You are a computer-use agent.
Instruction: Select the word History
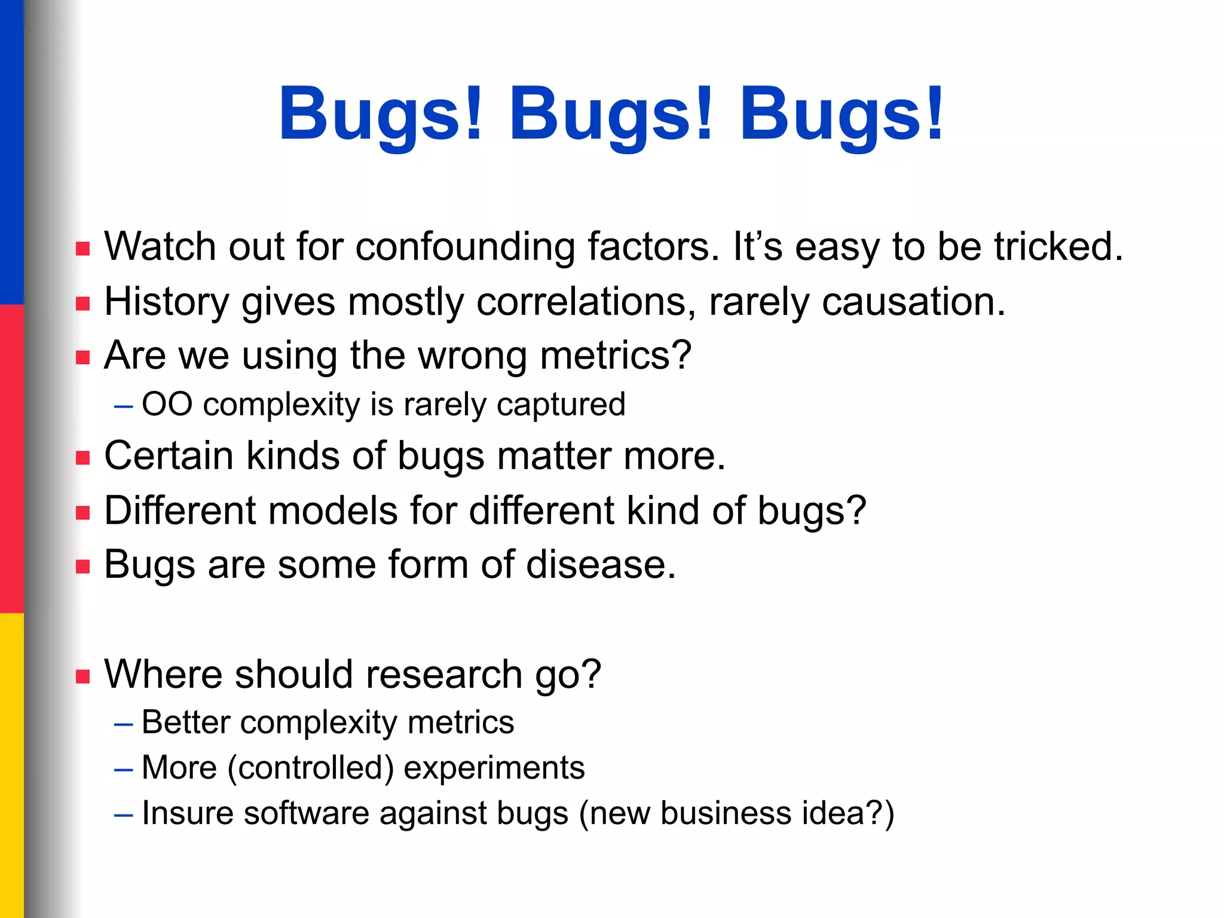pyautogui.click(x=167, y=302)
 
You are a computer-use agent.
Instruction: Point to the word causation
pyautogui.click(x=914, y=302)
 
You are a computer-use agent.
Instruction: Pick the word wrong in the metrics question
pyautogui.click(x=472, y=356)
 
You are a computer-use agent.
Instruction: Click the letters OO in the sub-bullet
pyautogui.click(x=167, y=405)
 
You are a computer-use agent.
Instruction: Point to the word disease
pyautogui.click(x=601, y=565)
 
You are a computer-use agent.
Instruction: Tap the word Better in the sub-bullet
pyautogui.click(x=185, y=723)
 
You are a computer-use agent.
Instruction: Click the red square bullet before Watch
pyautogui.click(x=83, y=249)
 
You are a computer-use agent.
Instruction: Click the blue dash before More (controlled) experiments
pyautogui.click(x=123, y=769)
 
